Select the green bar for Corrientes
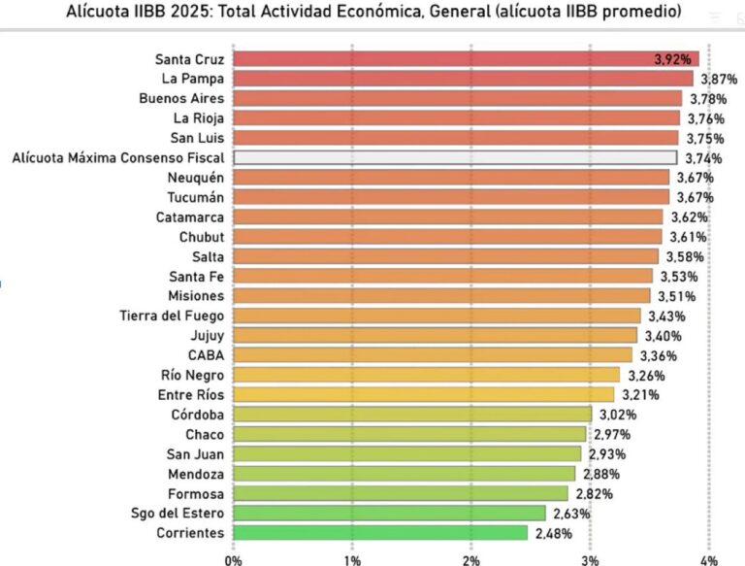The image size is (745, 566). pos(380,532)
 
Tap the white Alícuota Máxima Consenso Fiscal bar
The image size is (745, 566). pos(454,157)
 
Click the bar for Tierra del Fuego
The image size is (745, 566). pos(437,316)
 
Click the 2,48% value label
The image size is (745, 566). pos(552,532)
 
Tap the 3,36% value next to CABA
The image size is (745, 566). pos(656,354)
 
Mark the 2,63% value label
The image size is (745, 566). pos(569,513)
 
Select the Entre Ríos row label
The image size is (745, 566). pos(190,394)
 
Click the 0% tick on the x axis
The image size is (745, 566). pos(233,558)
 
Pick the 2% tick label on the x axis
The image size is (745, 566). pos(471,558)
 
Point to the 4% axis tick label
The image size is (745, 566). pos(708,558)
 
